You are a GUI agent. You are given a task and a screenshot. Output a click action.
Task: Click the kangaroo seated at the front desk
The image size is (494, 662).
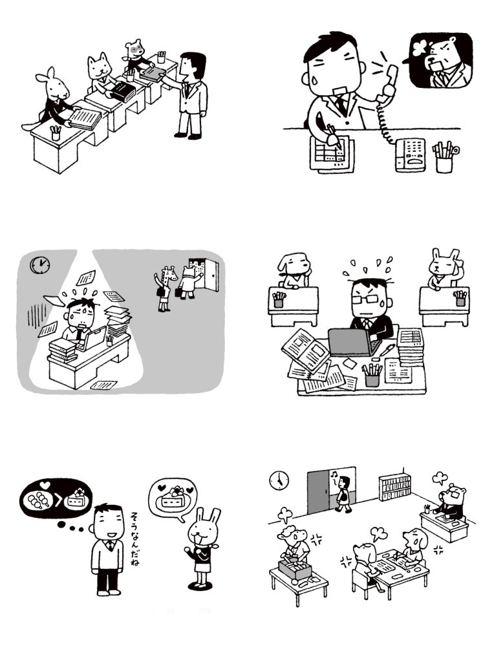[53, 99]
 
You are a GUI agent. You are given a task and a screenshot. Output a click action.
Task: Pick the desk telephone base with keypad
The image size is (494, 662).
[411, 155]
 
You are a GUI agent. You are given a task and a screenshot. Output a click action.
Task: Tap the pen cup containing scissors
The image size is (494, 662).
[445, 157]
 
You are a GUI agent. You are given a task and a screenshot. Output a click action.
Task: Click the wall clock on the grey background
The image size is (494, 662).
[40, 266]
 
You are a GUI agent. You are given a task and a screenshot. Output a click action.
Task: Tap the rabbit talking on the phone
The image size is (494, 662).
[444, 269]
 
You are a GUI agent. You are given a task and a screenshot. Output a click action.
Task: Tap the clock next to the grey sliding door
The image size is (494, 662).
[279, 480]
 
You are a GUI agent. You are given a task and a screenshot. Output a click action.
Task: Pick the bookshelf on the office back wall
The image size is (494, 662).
[395, 488]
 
